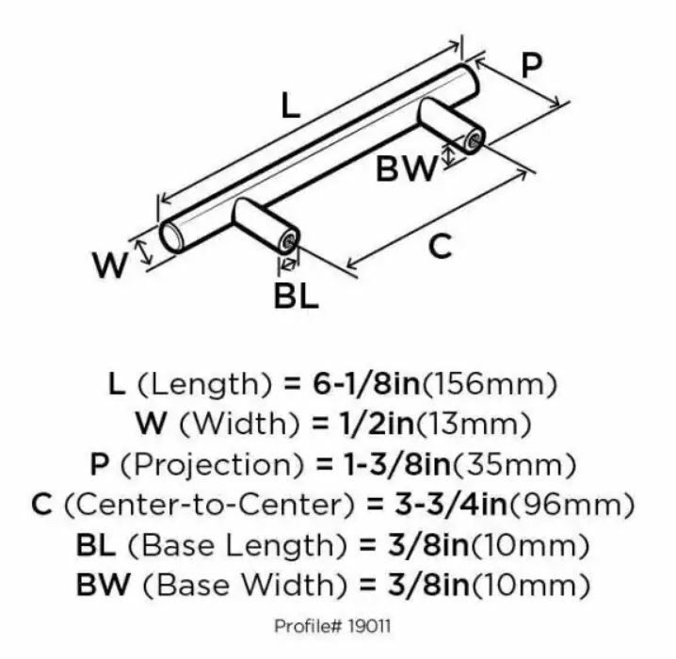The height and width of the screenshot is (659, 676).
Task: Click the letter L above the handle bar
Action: tap(291, 105)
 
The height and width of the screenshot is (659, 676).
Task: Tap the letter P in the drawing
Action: tap(531, 66)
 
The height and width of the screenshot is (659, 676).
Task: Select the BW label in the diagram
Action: tap(406, 169)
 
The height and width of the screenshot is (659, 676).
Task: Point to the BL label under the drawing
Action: tap(297, 296)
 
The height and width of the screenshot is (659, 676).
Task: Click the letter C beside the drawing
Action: tap(441, 246)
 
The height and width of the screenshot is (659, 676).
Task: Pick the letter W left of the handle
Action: tap(110, 265)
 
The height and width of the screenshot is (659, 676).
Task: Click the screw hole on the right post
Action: tap(474, 141)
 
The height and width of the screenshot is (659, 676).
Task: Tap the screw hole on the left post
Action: tap(288, 242)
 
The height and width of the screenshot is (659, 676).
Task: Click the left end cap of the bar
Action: tap(171, 236)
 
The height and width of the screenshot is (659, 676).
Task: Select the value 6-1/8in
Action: tap(366, 383)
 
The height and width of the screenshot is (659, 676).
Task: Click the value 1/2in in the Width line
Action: tap(374, 424)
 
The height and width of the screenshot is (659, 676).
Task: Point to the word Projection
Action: tap(212, 465)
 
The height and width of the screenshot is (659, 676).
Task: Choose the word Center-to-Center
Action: tap(209, 505)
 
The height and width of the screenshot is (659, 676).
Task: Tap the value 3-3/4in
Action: tap(451, 505)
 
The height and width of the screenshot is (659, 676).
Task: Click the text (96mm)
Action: tap(571, 505)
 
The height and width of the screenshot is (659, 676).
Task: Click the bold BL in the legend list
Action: tap(96, 545)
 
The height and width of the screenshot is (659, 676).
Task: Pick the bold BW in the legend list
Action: tap(103, 585)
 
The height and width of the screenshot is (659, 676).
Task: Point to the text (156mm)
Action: tap(490, 383)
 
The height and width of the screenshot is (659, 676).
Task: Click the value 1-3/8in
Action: tap(396, 465)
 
